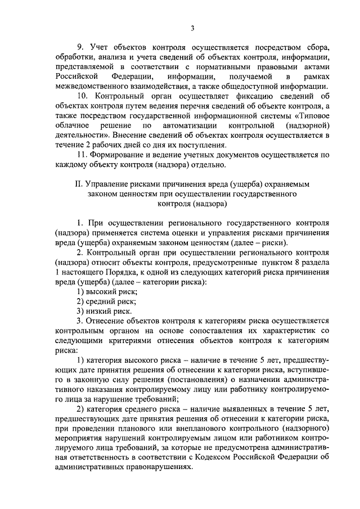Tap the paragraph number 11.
81,155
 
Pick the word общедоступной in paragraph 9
258,86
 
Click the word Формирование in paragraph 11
119,155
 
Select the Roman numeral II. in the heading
78,184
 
